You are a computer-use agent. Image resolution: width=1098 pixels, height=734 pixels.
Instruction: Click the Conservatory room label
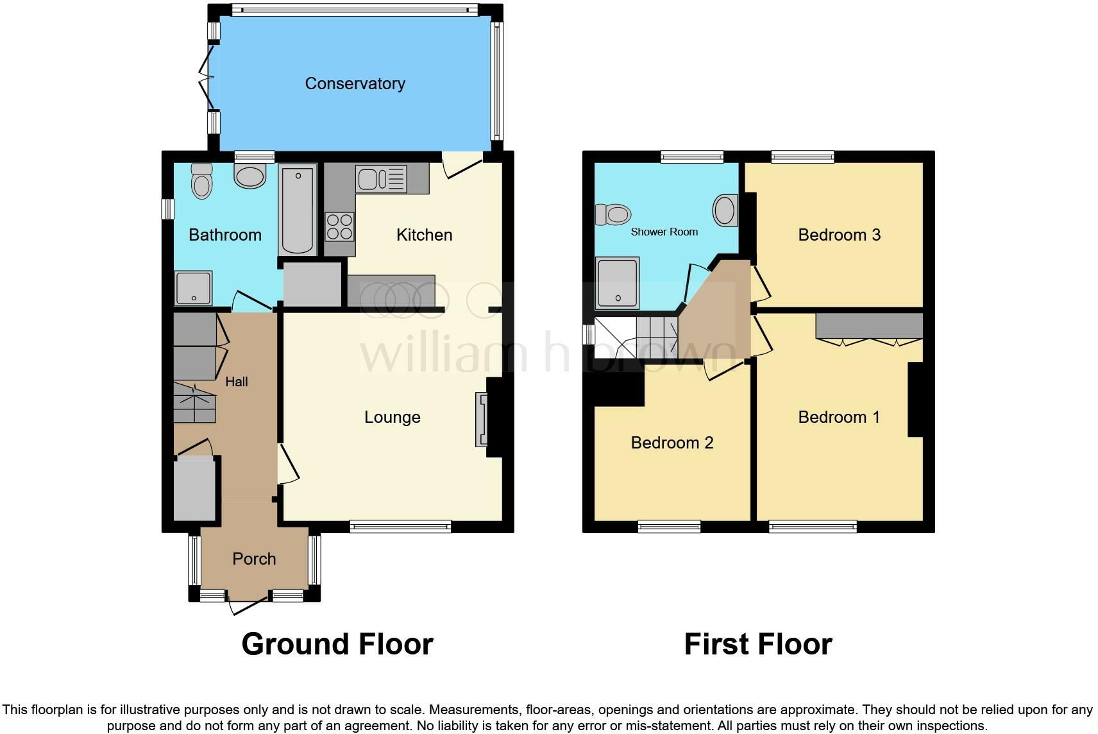pyautogui.click(x=355, y=83)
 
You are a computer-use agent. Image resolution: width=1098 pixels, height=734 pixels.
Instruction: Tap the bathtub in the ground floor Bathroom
pyautogui.click(x=298, y=209)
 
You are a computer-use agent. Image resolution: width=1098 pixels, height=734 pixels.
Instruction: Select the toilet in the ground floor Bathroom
pyautogui.click(x=202, y=180)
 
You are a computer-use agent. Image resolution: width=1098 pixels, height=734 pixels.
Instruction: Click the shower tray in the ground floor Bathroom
pyautogui.click(x=193, y=288)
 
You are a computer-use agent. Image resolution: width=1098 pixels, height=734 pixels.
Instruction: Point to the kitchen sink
pyautogui.click(x=382, y=179)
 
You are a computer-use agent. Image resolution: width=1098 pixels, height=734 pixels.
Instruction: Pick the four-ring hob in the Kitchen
pyautogui.click(x=340, y=226)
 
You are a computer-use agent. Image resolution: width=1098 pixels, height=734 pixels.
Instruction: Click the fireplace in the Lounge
pyautogui.click(x=482, y=419)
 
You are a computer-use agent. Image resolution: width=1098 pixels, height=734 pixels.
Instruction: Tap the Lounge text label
pyautogui.click(x=392, y=417)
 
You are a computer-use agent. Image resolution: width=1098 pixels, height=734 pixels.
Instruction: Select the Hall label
pyautogui.click(x=236, y=382)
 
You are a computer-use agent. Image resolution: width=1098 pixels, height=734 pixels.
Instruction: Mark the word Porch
pyautogui.click(x=254, y=559)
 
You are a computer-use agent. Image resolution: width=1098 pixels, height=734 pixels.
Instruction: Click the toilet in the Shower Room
pyautogui.click(x=613, y=214)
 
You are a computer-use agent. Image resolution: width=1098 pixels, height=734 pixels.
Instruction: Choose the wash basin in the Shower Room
pyautogui.click(x=725, y=210)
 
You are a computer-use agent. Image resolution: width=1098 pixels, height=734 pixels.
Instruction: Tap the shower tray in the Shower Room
pyautogui.click(x=617, y=282)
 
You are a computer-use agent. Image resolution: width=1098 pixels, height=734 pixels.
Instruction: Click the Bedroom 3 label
pyautogui.click(x=839, y=235)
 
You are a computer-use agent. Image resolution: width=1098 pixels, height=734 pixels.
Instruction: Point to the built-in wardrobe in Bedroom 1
pyautogui.click(x=869, y=326)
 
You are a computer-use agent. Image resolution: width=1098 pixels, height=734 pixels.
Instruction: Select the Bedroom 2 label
pyautogui.click(x=671, y=443)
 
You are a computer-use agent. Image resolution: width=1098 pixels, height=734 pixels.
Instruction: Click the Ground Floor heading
pyautogui.click(x=337, y=644)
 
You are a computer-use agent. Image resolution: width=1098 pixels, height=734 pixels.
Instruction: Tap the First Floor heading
pyautogui.click(x=757, y=644)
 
